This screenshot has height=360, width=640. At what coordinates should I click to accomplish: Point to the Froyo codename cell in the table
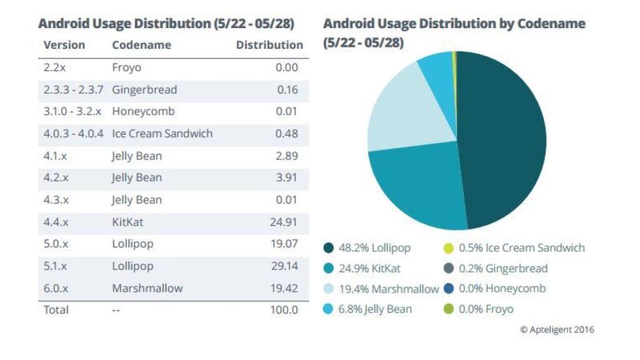127,67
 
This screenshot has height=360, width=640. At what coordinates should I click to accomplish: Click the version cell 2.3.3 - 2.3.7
73,89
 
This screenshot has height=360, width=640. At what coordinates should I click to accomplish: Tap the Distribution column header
269,45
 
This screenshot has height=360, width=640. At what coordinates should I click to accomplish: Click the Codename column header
141,45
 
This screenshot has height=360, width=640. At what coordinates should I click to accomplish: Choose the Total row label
56,310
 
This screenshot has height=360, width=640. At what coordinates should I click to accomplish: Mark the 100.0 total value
284,310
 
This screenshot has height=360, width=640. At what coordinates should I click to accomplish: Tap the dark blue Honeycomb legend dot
448,289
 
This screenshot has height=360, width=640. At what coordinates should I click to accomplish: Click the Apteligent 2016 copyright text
557,329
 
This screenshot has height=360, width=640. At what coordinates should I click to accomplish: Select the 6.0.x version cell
56,288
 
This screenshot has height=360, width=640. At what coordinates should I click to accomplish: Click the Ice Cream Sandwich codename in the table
162,134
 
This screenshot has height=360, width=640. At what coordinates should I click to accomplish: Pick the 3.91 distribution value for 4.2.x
287,177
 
